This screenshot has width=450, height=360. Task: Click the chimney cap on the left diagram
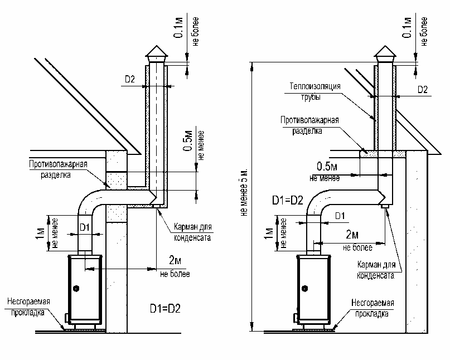156,53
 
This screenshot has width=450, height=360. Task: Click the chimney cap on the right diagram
386,53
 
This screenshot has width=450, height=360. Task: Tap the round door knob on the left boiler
76,288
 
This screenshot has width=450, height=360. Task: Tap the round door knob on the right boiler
306,288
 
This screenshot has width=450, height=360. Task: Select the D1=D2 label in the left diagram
165,309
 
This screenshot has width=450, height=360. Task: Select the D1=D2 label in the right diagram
288,200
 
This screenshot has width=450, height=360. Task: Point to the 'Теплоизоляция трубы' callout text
314,91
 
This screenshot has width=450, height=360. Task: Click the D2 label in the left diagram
130,79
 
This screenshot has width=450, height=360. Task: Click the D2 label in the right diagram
423,90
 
